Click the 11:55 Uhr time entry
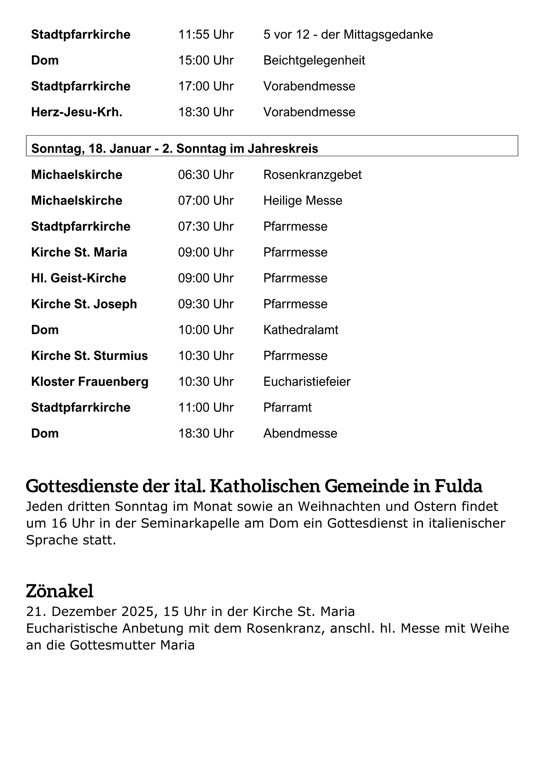pyautogui.click(x=206, y=35)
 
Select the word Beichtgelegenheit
pyautogui.click(x=314, y=60)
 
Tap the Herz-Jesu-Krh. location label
pyautogui.click(x=77, y=112)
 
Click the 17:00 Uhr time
pyautogui.click(x=206, y=86)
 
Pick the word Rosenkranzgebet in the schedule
pyautogui.click(x=312, y=175)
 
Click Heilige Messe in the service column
pyautogui.click(x=303, y=201)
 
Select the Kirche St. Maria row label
pyautogui.click(x=79, y=252)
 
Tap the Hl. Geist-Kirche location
pyautogui.click(x=79, y=278)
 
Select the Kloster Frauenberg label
pyautogui.click(x=90, y=382)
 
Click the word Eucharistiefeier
pyautogui.click(x=307, y=382)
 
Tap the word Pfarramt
pyautogui.click(x=287, y=408)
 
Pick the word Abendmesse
pyautogui.click(x=300, y=433)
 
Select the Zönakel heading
pyautogui.click(x=59, y=591)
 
